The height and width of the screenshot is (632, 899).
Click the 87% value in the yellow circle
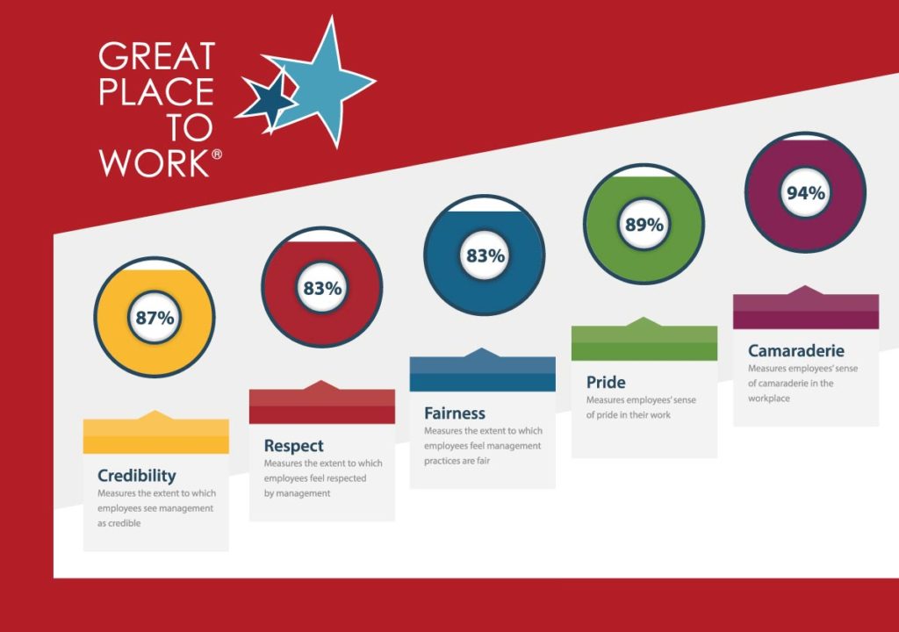click(x=155, y=318)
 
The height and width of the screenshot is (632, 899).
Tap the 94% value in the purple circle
click(x=806, y=193)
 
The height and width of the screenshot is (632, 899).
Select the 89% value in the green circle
click(x=644, y=224)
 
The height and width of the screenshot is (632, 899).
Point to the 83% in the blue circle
click(x=485, y=255)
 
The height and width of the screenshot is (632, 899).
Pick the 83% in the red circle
click(x=322, y=288)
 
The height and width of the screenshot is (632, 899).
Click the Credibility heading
click(x=136, y=476)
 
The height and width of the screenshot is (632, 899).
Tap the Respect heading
click(x=293, y=446)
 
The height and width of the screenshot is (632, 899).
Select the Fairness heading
click(x=455, y=413)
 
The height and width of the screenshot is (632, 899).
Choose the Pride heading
click(x=606, y=383)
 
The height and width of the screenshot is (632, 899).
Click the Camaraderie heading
click(x=795, y=350)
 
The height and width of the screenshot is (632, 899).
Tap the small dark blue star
click(x=267, y=98)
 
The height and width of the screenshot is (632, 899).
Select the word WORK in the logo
click(x=155, y=163)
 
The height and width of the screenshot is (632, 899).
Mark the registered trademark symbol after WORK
click(x=217, y=154)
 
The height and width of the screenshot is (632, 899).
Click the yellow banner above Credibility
click(x=156, y=433)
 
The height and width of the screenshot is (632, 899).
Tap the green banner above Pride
click(x=644, y=340)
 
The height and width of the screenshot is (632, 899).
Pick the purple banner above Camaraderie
click(x=806, y=308)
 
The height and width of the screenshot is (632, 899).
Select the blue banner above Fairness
click(x=483, y=370)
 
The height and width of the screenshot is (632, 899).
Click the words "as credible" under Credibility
click(x=119, y=523)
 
